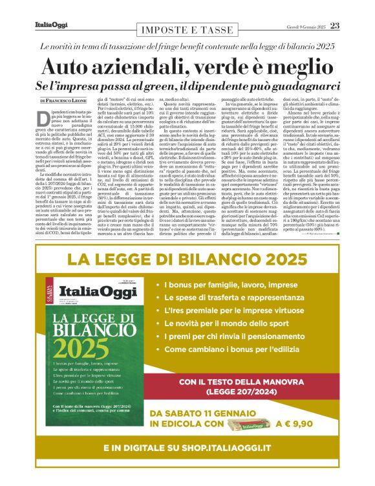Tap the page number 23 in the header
click(334, 26)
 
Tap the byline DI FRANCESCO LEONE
click(65, 101)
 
